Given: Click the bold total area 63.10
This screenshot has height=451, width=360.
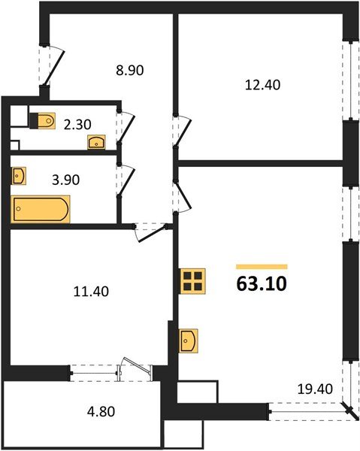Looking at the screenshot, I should [x=261, y=285].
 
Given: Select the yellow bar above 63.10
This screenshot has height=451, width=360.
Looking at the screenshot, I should [x=262, y=266].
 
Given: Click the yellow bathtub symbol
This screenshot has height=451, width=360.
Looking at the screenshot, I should [x=41, y=209].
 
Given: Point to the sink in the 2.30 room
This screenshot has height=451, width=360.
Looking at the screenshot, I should [x=96, y=141].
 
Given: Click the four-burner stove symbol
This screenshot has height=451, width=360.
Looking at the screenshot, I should [x=192, y=281].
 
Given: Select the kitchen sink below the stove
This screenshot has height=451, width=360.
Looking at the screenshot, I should [x=189, y=341].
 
